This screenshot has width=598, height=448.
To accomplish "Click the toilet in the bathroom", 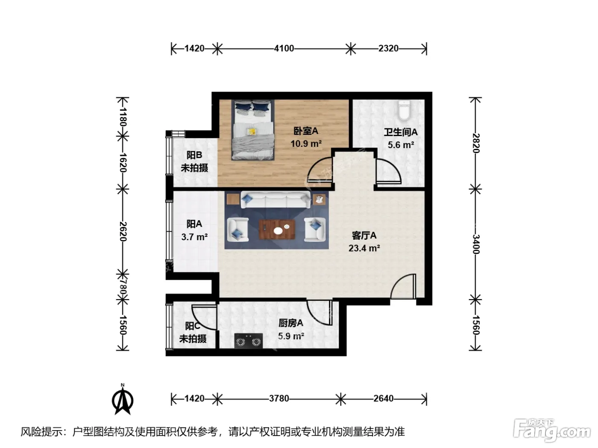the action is click(x=404, y=111).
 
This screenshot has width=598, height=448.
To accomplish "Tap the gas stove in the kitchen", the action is click(x=249, y=341).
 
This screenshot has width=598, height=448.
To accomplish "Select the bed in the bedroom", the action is click(x=252, y=130).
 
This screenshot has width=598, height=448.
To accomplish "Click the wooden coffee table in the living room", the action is click(x=277, y=230).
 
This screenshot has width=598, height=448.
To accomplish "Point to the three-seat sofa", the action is click(x=276, y=200).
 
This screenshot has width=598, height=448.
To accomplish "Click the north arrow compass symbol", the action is click(x=123, y=399).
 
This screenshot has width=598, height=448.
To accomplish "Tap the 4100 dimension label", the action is click(x=284, y=48).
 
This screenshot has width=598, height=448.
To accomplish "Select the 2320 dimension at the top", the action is click(x=388, y=48).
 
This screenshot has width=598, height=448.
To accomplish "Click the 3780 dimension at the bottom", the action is click(x=279, y=399).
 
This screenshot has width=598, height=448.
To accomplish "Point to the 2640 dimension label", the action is click(x=383, y=399).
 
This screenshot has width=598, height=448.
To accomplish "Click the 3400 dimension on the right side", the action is click(x=476, y=244).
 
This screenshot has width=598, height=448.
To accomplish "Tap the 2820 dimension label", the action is click(x=476, y=143).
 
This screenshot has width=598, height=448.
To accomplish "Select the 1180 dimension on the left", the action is click(x=123, y=116).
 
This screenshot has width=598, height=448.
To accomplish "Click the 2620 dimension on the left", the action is click(x=123, y=232).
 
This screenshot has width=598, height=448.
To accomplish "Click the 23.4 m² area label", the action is click(x=364, y=248).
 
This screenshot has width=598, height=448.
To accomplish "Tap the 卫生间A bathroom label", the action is click(x=401, y=132).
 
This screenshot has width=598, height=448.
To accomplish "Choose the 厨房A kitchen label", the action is click(x=291, y=323).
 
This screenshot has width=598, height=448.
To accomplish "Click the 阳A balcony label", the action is click(x=194, y=224).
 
